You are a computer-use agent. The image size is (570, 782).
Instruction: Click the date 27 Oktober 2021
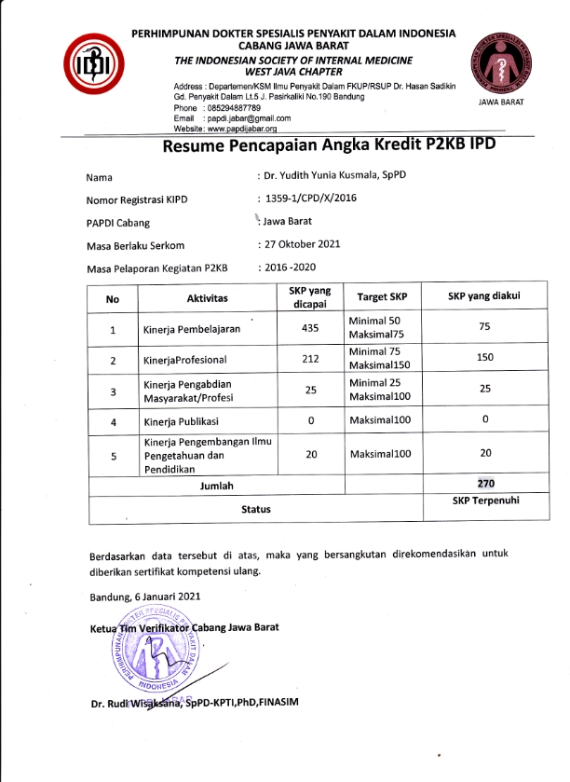point(303,244)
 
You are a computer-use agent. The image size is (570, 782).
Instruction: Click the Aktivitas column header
point(207,298)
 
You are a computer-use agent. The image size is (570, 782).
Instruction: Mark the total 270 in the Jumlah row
point(483,483)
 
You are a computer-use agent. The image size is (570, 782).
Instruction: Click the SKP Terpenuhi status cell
point(483,501)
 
